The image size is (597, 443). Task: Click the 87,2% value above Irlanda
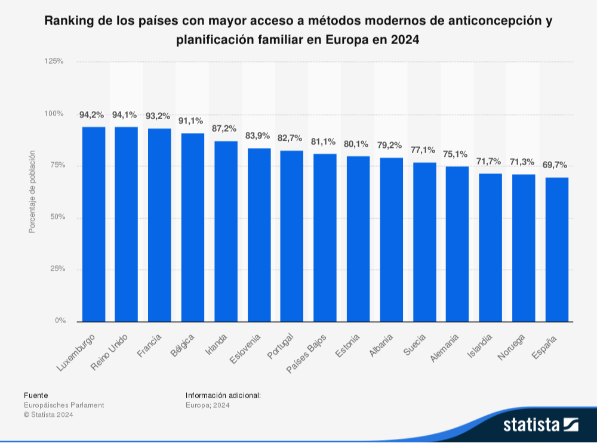[x=224, y=128]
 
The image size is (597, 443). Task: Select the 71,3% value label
[x=522, y=162]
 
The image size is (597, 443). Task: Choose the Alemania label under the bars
[x=445, y=348]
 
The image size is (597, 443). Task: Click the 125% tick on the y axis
[x=54, y=61]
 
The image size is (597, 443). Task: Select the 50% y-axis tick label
[x=57, y=217]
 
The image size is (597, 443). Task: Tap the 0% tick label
[x=60, y=321]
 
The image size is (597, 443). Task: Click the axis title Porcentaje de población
[x=33, y=191]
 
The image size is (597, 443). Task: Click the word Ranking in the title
[x=69, y=21]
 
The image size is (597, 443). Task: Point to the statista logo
[x=540, y=425]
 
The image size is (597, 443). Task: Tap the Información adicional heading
[x=223, y=395]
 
